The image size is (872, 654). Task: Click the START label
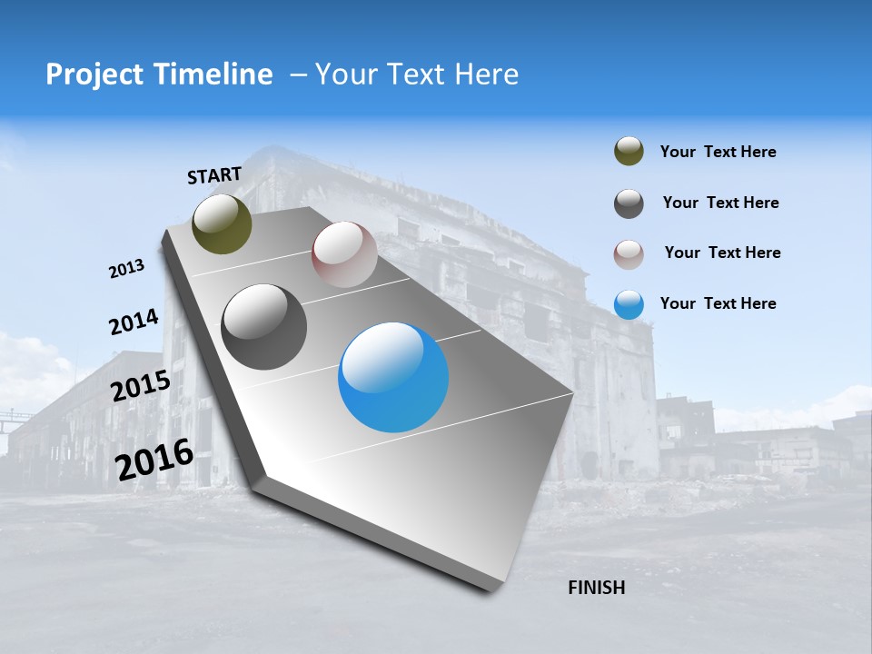[214, 175]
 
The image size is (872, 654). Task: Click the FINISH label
[596, 588]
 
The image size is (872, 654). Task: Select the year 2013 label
[126, 269]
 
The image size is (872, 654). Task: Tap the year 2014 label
[134, 322]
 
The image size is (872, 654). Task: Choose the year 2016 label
[154, 460]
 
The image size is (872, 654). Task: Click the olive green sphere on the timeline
[222, 224]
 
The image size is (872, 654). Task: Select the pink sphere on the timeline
[344, 254]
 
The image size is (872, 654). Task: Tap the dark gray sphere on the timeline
[264, 327]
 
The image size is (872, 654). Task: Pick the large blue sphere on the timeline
[393, 377]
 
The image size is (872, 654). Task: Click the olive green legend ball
[629, 152]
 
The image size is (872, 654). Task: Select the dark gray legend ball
[629, 203]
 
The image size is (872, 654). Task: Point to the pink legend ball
[629, 253]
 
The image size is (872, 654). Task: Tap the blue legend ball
[629, 304]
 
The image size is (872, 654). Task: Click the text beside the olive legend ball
[718, 152]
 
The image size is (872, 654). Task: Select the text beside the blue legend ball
[718, 303]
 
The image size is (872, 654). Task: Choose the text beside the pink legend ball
[722, 253]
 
